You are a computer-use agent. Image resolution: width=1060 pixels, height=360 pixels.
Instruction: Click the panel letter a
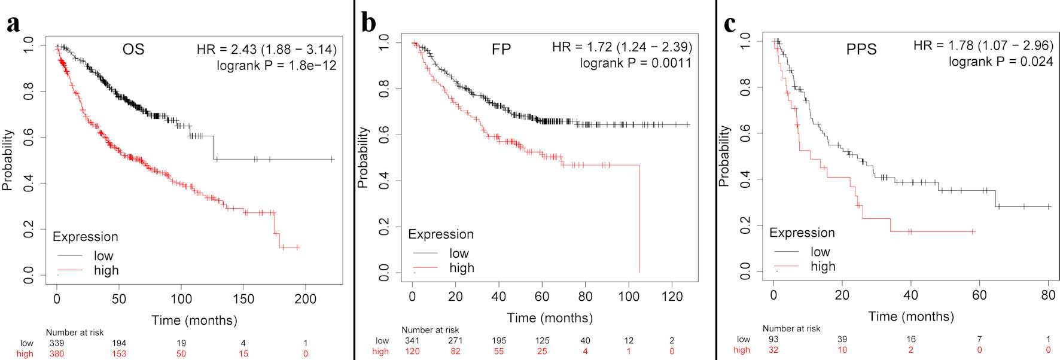click(x=13, y=24)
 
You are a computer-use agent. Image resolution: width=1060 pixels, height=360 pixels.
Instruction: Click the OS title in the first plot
click(x=133, y=49)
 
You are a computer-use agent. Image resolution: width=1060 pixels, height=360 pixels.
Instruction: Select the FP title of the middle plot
click(x=501, y=49)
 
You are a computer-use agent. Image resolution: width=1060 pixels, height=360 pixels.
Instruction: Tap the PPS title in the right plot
click(x=861, y=49)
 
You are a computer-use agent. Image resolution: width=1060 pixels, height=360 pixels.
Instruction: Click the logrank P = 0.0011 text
click(x=635, y=63)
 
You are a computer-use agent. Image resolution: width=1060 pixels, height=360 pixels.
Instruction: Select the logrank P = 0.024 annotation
click(x=1000, y=61)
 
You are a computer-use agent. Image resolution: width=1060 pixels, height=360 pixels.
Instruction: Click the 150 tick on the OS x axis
click(x=243, y=298)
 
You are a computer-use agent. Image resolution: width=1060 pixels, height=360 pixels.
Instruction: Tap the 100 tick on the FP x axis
click(x=629, y=296)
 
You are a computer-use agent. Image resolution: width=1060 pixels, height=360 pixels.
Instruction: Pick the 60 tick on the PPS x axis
click(x=979, y=295)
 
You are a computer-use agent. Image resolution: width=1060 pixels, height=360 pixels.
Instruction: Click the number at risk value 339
click(x=57, y=343)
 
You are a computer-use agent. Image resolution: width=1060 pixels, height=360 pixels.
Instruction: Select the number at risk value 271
click(x=455, y=341)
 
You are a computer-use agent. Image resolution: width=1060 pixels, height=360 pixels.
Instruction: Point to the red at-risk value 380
click(x=57, y=354)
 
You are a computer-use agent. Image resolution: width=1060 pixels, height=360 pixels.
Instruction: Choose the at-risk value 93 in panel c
click(x=773, y=339)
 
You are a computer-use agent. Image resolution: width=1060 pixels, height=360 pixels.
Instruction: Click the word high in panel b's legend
click(x=462, y=268)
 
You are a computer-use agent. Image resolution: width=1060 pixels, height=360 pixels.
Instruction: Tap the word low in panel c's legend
click(x=820, y=252)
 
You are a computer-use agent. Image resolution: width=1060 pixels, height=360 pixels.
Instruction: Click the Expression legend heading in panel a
click(x=86, y=237)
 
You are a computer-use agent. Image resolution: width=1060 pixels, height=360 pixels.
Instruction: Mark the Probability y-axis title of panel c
click(x=724, y=155)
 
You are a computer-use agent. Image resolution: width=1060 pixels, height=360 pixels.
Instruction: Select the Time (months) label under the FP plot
click(x=550, y=318)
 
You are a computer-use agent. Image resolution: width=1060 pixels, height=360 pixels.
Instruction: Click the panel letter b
click(x=368, y=23)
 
